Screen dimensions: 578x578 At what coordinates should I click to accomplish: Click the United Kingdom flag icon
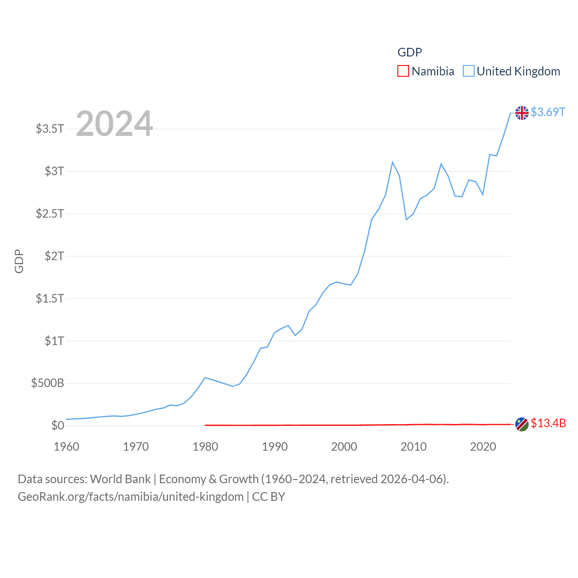(x=522, y=112)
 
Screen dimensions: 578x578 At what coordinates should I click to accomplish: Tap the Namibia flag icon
(x=522, y=424)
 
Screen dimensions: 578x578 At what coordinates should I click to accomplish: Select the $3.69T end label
(x=548, y=112)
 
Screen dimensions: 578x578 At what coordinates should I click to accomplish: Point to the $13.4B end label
(x=548, y=423)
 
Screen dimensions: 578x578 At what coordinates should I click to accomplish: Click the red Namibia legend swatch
(x=403, y=71)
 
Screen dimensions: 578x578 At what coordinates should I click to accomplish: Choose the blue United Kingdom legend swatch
(x=469, y=71)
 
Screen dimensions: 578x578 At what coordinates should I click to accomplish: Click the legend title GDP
(x=410, y=52)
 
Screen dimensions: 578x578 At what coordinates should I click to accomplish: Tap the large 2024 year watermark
(x=114, y=124)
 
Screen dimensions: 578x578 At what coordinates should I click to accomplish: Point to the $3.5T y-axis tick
(x=50, y=129)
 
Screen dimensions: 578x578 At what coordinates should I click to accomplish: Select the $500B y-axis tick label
(x=47, y=383)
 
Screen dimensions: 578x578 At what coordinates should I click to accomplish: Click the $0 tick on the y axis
(x=57, y=425)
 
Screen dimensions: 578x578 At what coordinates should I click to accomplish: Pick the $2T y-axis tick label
(x=54, y=256)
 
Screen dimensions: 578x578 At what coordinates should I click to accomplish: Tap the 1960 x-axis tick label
(x=66, y=447)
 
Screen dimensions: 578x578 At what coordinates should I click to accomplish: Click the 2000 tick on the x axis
(x=344, y=447)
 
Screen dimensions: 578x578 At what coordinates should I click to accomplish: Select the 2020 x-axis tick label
(x=483, y=447)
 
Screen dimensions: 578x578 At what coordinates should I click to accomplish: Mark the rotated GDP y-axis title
(x=19, y=261)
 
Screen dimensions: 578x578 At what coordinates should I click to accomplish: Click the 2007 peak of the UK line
(x=392, y=162)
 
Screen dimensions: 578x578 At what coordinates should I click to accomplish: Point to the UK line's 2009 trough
(x=406, y=219)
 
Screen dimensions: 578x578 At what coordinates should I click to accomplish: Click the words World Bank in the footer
(x=120, y=479)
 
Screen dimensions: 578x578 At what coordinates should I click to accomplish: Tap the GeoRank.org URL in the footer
(x=131, y=497)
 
